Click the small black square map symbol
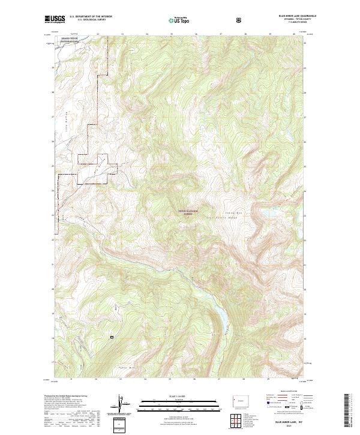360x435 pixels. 112,338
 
